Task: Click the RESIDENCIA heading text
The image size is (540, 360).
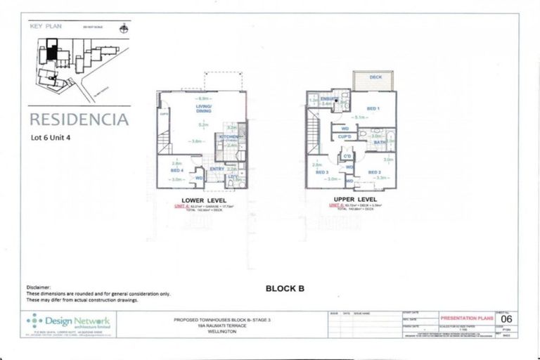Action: (x=79, y=119)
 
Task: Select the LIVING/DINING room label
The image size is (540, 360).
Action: (x=203, y=108)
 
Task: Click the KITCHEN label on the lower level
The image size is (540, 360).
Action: (x=228, y=136)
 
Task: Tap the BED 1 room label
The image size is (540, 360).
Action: (x=372, y=108)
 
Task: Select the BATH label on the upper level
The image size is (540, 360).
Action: (x=379, y=142)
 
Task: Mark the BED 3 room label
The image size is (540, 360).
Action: (x=322, y=172)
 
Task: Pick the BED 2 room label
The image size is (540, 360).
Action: (x=373, y=172)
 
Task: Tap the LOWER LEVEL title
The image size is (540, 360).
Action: (x=203, y=200)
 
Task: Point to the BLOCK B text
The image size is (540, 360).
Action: (x=285, y=288)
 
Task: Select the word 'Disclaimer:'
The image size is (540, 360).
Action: (x=39, y=288)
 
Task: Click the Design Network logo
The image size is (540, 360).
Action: (x=68, y=323)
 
